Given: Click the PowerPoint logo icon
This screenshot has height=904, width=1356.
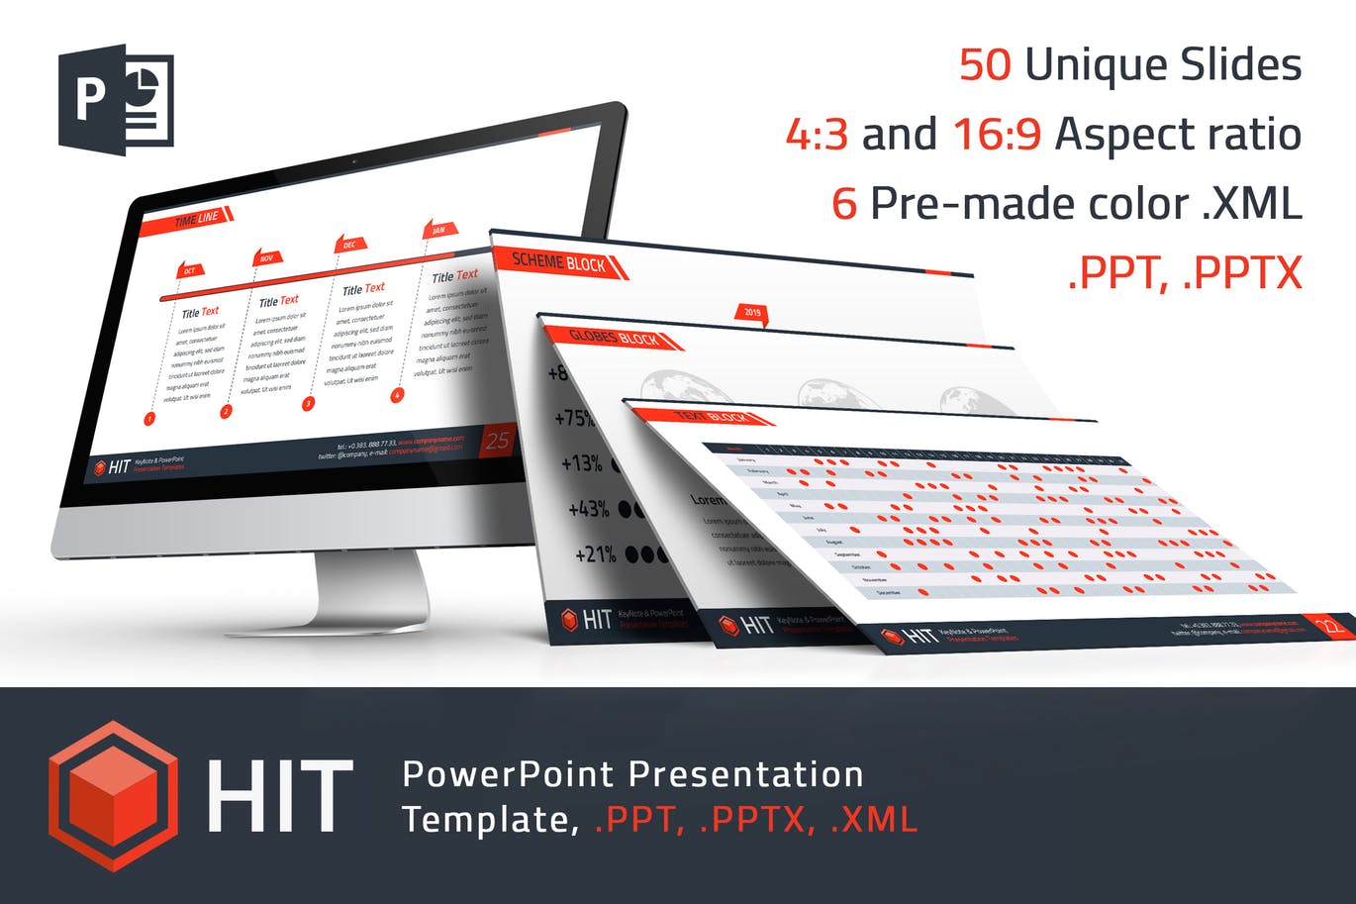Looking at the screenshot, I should point(116,99).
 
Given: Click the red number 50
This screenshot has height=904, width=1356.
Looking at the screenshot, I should point(985,65).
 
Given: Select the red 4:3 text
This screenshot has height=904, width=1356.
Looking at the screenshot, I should point(817,135).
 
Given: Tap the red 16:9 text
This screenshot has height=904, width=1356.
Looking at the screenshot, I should point(997,135).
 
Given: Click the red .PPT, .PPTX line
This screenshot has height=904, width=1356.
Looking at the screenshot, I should point(1185,273).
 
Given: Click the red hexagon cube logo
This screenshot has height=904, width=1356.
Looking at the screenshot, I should point(114,796).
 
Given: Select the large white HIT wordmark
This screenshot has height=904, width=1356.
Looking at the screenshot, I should point(280,797).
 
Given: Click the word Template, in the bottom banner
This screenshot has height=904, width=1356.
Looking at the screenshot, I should point(490,820).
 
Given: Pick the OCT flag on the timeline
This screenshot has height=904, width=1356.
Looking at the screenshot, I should point(189,270).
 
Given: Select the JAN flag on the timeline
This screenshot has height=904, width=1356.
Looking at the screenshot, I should point(438,230).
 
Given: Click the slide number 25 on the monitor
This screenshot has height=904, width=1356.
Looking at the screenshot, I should point(498,442).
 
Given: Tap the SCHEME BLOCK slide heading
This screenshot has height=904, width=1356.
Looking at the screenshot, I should point(560,262).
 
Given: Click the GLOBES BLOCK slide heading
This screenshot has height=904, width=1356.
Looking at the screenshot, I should point(615,338).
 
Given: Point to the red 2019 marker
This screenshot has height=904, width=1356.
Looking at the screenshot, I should point(752,313).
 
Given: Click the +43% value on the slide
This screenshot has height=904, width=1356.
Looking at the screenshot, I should point(589,509).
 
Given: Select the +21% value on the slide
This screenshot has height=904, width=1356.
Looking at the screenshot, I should point(596,554).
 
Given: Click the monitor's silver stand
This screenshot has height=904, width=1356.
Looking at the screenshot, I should point(371,594).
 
